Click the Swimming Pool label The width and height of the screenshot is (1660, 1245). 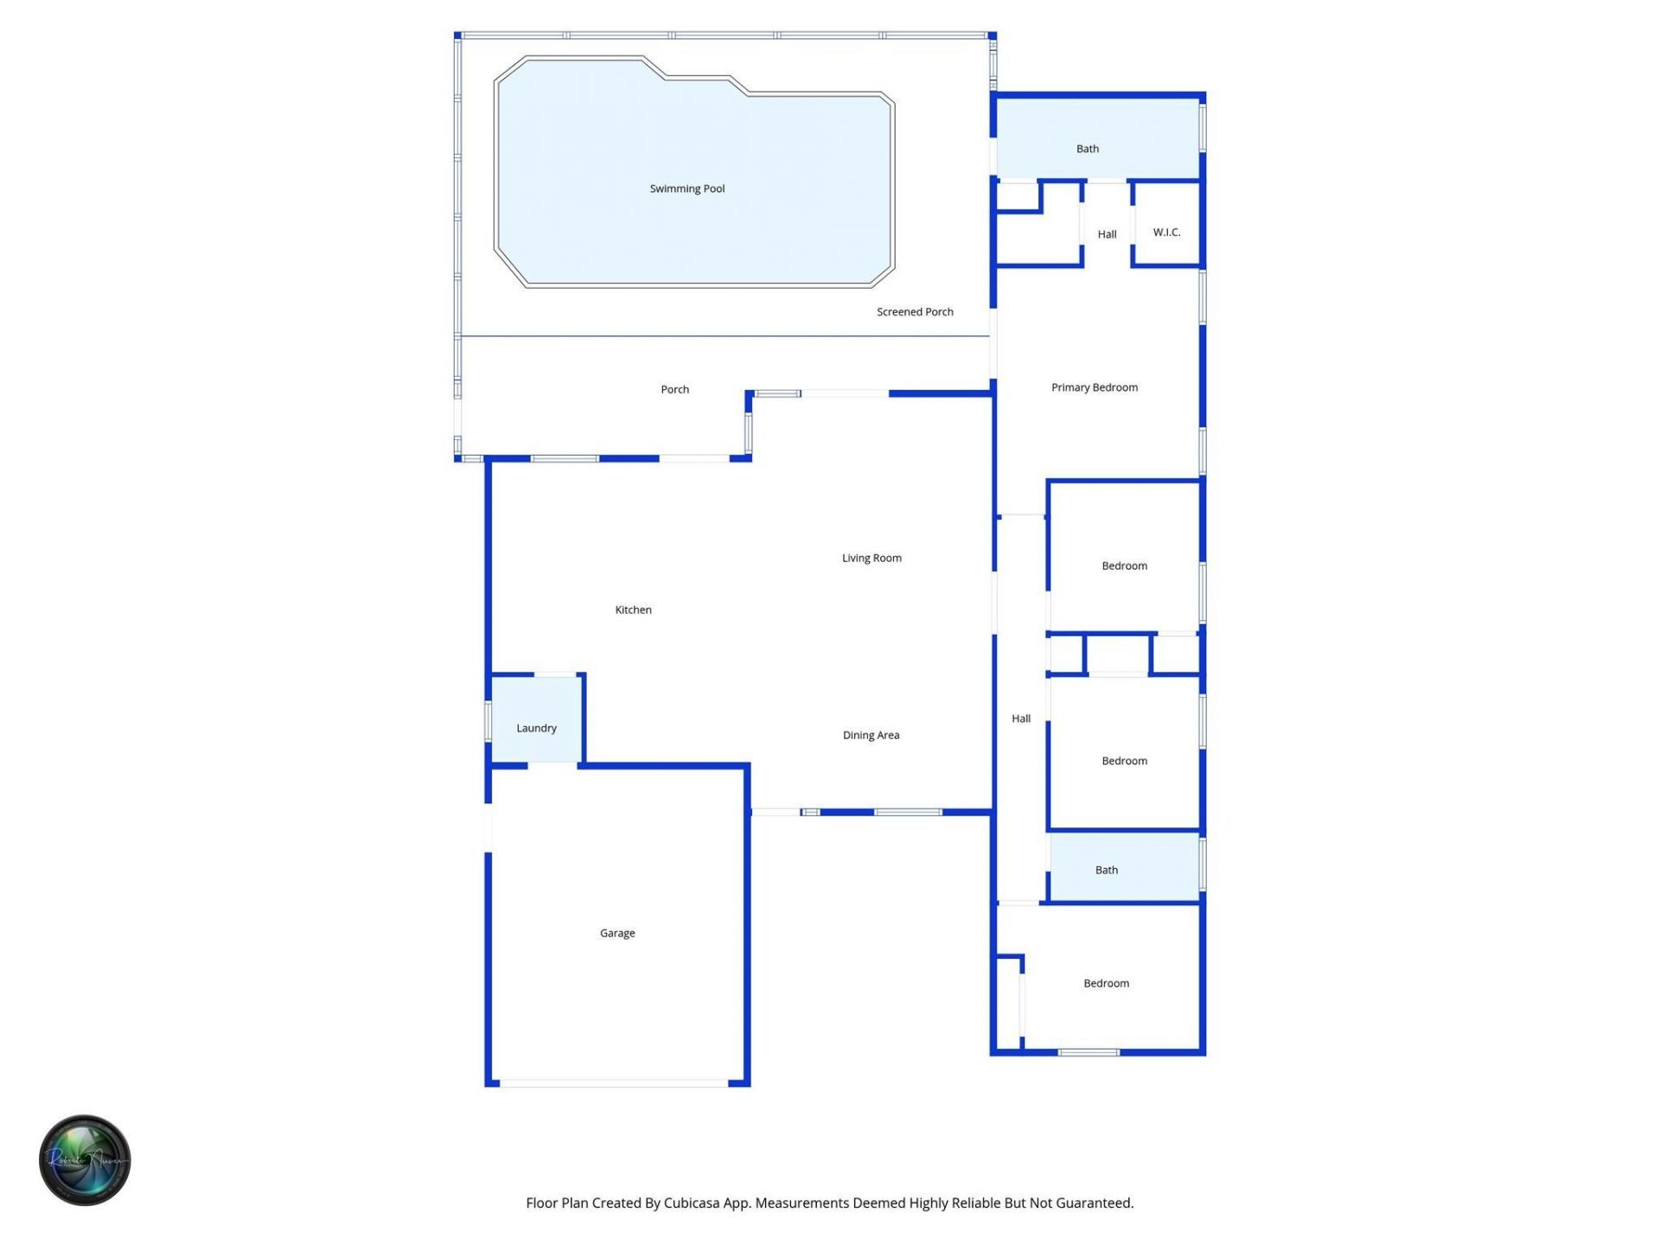pos(687,188)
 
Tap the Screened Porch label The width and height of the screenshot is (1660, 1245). pos(915,312)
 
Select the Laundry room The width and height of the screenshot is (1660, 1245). pos(536,728)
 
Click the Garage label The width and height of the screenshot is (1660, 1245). pos(617,933)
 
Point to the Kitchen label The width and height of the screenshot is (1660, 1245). pos(633,610)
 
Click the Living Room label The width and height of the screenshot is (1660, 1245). pos(871,558)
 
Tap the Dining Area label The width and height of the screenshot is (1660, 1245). pos(871,735)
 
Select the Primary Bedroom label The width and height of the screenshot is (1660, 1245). pos(1094,387)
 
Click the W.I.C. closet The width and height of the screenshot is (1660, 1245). pos(1166,232)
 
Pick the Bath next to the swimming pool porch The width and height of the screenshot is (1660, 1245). pos(1087,149)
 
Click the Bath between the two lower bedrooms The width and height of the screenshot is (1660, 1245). pos(1106,870)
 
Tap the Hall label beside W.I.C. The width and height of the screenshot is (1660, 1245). pos(1107,234)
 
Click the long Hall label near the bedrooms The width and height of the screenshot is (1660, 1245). pos(1021,718)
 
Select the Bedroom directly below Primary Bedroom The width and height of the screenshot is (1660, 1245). pos(1124,565)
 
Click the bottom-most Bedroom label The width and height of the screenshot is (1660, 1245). pos(1106,983)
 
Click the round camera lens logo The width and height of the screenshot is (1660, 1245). pos(85,1159)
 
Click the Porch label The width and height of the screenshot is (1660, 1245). pos(674,389)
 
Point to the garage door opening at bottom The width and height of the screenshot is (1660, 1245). pos(614,1082)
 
